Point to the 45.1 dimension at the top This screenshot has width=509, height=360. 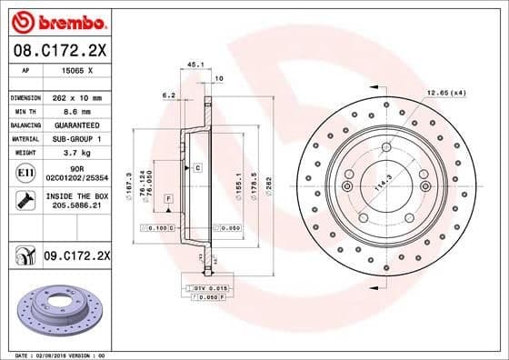click(x=193, y=65)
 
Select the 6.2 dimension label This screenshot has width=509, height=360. click(x=168, y=95)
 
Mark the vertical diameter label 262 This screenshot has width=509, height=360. click(x=268, y=181)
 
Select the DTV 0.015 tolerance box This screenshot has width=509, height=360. click(x=208, y=288)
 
